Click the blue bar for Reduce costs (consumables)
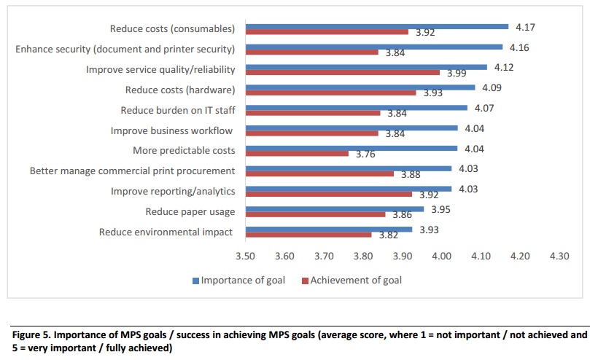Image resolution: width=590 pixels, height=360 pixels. coord(376,26)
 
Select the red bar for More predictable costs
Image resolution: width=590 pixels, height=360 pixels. coord(297,153)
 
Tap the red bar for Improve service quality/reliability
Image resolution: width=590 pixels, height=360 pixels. coord(342,72)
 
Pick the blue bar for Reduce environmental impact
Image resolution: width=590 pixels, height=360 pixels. coord(328,229)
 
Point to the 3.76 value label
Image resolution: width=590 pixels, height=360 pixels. coord(367,154)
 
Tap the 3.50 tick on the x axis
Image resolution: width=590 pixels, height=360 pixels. coord(245,256)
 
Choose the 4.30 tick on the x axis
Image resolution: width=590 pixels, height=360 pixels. coord(559,256)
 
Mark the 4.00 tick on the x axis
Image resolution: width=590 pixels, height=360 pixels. coord(441,256)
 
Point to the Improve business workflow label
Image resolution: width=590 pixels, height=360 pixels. coord(172,130)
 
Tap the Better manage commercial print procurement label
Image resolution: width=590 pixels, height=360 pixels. coord(132,171)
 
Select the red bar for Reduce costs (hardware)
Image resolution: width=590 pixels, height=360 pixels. coord(330,92)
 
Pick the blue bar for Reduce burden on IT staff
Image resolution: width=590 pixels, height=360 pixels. coord(356,108)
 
